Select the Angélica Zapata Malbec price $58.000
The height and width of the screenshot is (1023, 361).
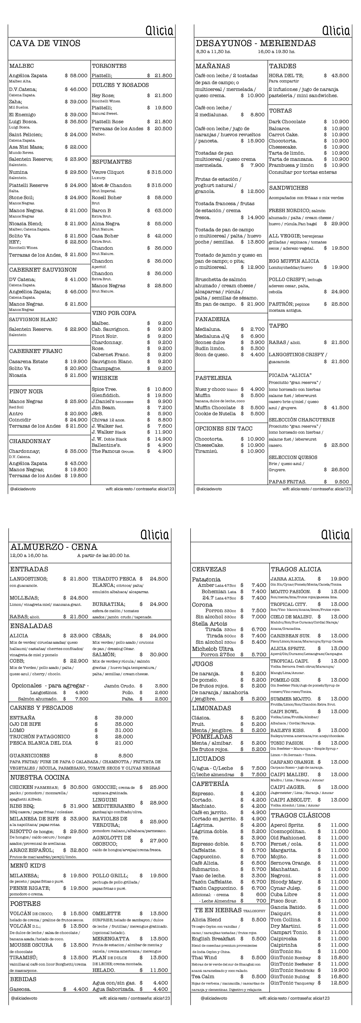click(x=76, y=75)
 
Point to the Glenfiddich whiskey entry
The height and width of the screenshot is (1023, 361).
click(x=106, y=395)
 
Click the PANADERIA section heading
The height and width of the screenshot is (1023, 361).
click(x=212, y=319)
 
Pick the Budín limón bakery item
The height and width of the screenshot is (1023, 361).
click(x=210, y=348)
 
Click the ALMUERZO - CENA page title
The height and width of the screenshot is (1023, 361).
click(x=54, y=547)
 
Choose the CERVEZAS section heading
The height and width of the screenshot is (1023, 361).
click(x=209, y=569)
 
